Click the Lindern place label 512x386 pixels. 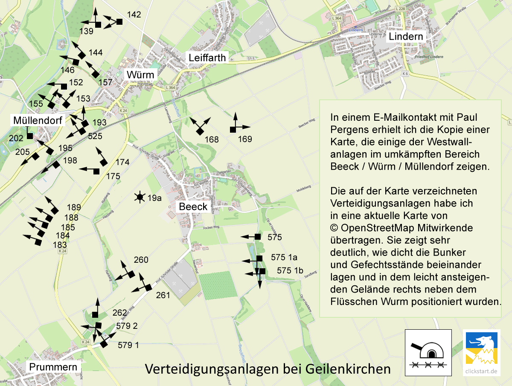click(x=405, y=37)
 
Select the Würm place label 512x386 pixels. click(x=140, y=75)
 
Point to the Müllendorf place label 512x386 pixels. click(x=38, y=120)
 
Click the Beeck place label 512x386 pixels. click(x=193, y=207)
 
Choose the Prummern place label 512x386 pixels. click(x=53, y=367)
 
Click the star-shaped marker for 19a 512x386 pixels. click(x=139, y=197)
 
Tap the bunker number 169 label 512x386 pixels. click(x=245, y=139)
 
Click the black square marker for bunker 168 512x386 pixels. click(x=199, y=132)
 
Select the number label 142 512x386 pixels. click(x=134, y=15)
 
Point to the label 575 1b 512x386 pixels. click(x=290, y=270)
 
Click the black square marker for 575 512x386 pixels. click(x=258, y=236)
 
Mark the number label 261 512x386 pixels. click(x=163, y=295)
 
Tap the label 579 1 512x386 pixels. click(x=128, y=345)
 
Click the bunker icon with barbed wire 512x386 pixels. click(x=428, y=352)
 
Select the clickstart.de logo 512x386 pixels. click(x=482, y=352)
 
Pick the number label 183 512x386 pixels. click(x=60, y=245)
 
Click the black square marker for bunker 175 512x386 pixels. click(x=96, y=171)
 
